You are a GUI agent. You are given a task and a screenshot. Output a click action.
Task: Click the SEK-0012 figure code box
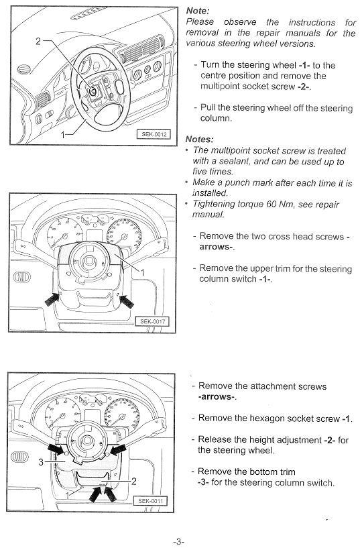click(154, 134)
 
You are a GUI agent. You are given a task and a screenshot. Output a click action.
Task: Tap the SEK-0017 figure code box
click(152, 321)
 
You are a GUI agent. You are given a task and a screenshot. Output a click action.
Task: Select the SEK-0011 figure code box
click(150, 501)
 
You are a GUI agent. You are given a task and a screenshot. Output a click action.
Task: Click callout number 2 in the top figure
click(38, 41)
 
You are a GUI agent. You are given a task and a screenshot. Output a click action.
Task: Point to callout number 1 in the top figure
click(63, 135)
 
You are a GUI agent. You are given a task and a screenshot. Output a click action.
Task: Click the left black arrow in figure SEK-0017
click(52, 300)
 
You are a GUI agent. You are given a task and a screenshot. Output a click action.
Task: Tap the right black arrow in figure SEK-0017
click(127, 302)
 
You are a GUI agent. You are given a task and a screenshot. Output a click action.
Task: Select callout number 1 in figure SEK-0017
click(142, 272)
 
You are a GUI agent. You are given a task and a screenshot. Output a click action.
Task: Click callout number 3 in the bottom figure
click(41, 462)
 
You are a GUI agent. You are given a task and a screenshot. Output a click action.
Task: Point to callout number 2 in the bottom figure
click(134, 481)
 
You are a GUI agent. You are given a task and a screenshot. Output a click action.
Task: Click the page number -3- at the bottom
click(178, 542)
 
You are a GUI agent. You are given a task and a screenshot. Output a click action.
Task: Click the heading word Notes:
click(200, 139)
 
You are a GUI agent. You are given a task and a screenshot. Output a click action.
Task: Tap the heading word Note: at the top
click(198, 11)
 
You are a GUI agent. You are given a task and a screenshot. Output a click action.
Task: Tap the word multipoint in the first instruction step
click(219, 87)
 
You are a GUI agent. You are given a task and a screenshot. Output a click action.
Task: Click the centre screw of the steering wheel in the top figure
click(93, 91)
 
